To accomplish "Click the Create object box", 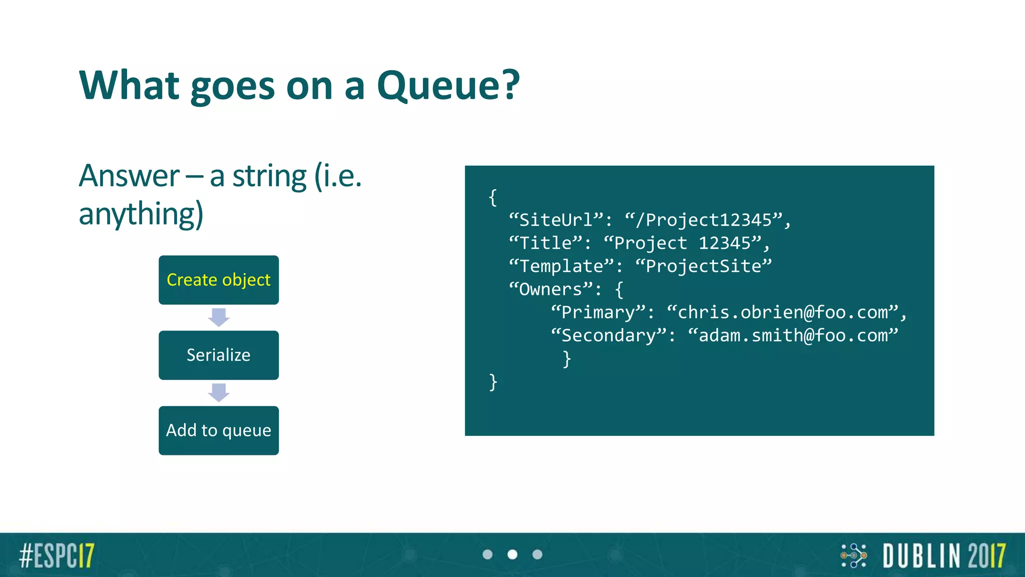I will tap(219, 280).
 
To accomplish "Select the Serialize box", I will tap(219, 355).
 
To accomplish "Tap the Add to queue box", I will tap(219, 430).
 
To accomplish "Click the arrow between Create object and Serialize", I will tap(219, 318).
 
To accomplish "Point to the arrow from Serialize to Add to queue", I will tap(219, 393).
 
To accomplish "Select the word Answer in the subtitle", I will tap(129, 176).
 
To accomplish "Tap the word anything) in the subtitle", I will tap(141, 214).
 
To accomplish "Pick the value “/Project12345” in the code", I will tap(704, 220).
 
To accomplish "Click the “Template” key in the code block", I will tap(561, 266).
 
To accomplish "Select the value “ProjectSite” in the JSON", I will tap(704, 266).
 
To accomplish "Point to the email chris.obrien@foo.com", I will tap(783, 312).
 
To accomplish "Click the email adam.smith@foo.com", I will tap(793, 335).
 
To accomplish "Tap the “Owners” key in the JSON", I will tap(551, 289).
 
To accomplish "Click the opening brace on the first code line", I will tap(493, 197).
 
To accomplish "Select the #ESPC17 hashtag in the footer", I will tap(57, 555).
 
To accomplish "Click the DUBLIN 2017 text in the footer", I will tap(944, 555).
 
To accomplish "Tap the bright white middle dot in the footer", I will tap(512, 554).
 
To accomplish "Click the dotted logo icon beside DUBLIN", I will tap(854, 555).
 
